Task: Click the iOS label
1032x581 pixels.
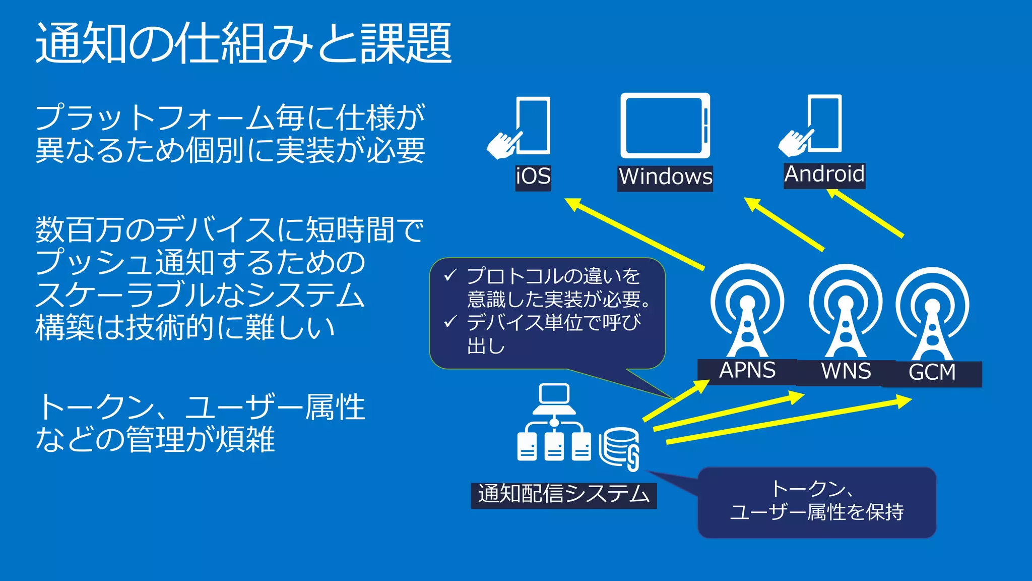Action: tap(533, 178)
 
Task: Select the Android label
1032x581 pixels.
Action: tap(824, 175)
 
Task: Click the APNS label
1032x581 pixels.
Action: tap(747, 371)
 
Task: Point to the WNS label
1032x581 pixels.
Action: tap(846, 372)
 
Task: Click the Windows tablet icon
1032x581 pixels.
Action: tap(665, 126)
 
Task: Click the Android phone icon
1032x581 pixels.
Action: tap(825, 123)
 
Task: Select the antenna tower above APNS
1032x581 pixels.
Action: tap(747, 313)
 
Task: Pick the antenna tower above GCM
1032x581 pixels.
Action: tap(932, 316)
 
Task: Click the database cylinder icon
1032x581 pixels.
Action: tap(619, 446)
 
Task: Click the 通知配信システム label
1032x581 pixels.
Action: tap(563, 495)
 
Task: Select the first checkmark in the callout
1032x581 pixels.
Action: tap(449, 275)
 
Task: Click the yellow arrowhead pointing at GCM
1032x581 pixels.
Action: tap(904, 401)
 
